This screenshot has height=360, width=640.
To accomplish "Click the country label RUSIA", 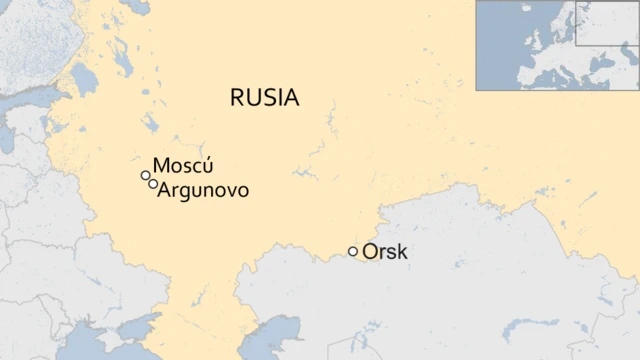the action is pos(264,97).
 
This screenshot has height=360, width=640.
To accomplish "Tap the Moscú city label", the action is pos(183,166).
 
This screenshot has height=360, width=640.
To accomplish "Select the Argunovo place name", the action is pos(204,189).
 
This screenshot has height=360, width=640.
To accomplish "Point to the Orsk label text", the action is pos(385,252).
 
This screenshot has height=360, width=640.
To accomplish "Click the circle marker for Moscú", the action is pos(146,176).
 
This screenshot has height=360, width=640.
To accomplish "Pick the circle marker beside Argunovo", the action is pos(152,184).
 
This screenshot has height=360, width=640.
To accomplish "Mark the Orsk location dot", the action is pos(352,251).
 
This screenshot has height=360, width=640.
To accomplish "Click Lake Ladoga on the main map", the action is pos(82,77).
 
